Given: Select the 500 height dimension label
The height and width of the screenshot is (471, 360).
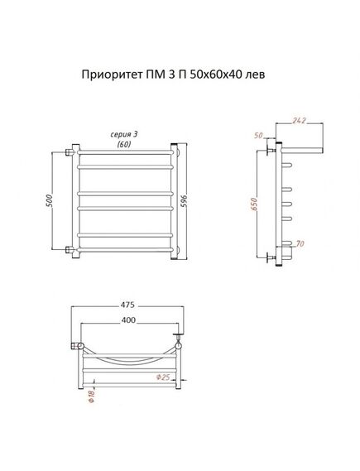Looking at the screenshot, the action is (x=50, y=201).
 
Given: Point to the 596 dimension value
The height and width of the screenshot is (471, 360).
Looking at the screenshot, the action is (x=185, y=201).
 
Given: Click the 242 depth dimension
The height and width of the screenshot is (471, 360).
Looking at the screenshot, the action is (x=299, y=120).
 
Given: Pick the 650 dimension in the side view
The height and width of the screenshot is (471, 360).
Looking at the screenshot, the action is (x=254, y=204).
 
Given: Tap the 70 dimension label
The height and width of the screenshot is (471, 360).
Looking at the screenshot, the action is (x=300, y=243).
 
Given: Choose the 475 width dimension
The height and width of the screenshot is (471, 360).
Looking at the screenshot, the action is (x=127, y=305).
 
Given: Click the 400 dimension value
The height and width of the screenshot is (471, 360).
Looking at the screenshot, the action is (x=128, y=320).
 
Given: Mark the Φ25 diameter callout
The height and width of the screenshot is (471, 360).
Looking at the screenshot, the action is (x=163, y=377).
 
